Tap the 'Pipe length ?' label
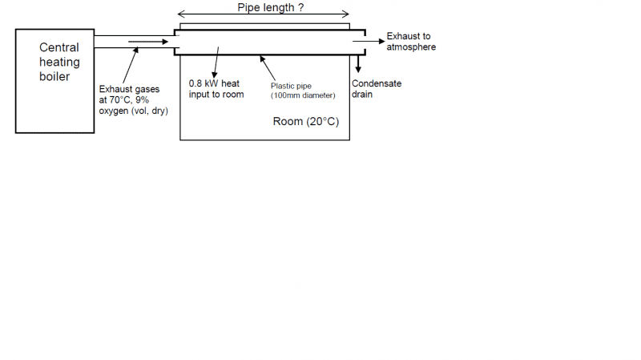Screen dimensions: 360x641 (270, 8)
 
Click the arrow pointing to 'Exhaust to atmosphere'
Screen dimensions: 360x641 (369, 41)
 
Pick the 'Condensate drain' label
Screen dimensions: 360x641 (377, 88)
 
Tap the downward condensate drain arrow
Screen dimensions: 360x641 (358, 64)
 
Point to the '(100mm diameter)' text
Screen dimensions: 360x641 (303, 95)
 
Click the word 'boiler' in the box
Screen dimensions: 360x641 (55, 77)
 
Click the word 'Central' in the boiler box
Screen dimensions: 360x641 (59, 48)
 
